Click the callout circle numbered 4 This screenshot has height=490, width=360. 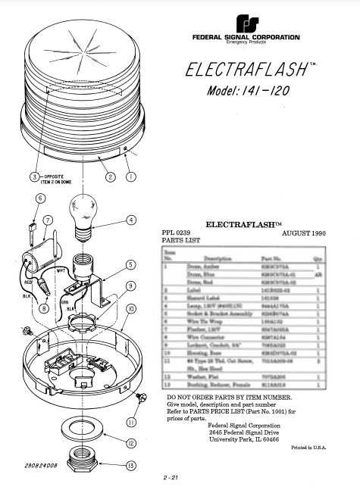point(131,220)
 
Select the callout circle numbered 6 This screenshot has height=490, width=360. point(39,198)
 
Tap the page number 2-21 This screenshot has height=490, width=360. point(169,478)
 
